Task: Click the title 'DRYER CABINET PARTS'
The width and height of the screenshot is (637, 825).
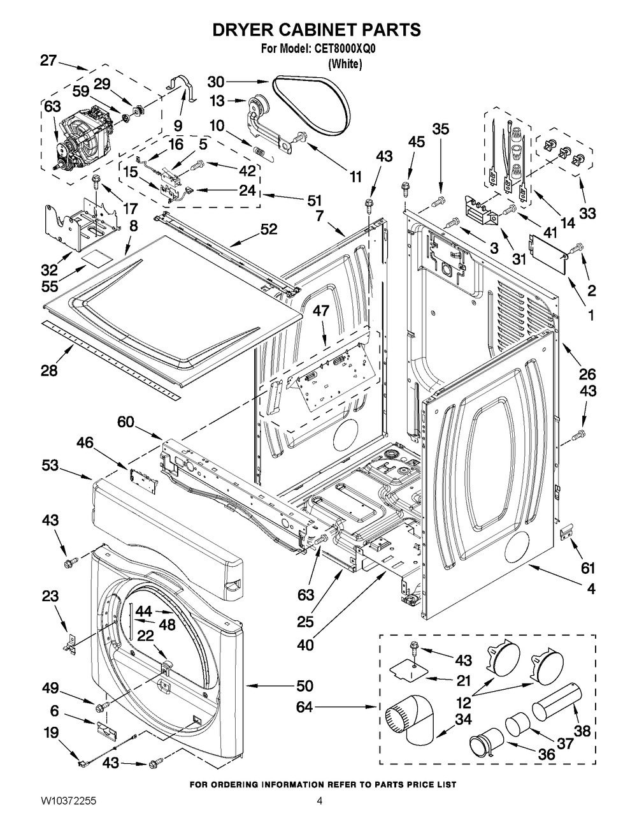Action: coord(316,29)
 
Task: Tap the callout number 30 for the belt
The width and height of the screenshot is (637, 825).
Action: coord(217,82)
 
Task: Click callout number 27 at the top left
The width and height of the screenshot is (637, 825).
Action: coord(48,61)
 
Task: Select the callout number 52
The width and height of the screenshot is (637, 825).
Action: coord(269,229)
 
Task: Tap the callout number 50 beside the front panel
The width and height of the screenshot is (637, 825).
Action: coord(304,686)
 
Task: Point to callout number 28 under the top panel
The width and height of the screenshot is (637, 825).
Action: coord(49,370)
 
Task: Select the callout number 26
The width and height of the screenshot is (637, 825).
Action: coord(587,374)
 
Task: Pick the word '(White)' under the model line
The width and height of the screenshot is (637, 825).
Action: coord(345,64)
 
